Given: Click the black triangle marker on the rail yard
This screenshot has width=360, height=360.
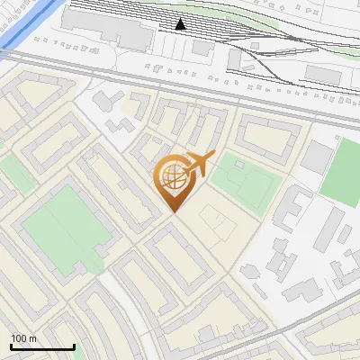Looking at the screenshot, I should point(181,24).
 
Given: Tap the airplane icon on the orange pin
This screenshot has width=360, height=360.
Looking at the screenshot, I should point(198,164).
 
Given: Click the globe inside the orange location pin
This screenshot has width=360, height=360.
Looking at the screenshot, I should point(171,178).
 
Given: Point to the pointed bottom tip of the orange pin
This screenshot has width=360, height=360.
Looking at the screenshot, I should point(173,211).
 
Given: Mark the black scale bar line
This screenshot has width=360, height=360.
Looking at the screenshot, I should point(42,347).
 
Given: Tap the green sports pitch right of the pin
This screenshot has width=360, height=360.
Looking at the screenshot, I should point(243,178).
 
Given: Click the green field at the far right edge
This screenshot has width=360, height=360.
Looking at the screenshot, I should point(343,171).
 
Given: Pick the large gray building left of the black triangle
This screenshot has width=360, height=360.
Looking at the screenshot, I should point(121,31).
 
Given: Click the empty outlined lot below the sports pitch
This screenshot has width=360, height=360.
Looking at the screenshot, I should point(216,220).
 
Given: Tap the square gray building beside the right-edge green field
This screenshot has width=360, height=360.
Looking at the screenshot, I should point(317,157).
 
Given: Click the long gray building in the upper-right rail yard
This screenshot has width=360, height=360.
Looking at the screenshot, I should point(323,73).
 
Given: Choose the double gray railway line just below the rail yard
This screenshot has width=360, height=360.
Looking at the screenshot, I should point(180,85).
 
